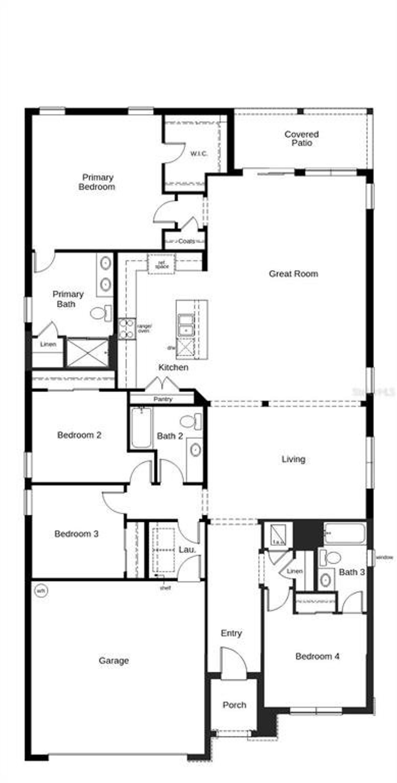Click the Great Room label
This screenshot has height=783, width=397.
click(293, 274)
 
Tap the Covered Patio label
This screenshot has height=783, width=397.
click(301, 139)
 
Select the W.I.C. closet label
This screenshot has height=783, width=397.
click(199, 154)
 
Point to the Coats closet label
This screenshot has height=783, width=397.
click(186, 241)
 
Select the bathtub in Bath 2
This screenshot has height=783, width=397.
click(141, 428)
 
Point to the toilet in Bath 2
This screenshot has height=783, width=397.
click(190, 421)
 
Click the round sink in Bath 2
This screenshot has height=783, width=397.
click(195, 450)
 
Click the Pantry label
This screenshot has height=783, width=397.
click(163, 399)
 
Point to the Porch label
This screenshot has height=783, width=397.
click(234, 705)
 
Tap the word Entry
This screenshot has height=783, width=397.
click(231, 633)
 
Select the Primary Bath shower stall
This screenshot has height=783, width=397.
click(87, 353)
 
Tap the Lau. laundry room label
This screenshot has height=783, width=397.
click(187, 550)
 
